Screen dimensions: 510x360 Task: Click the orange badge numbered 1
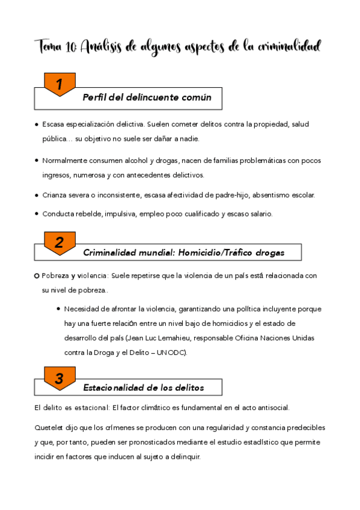(x=59, y=85)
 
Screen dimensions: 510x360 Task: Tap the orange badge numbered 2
(x=59, y=242)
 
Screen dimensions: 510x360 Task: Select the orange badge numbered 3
(x=59, y=378)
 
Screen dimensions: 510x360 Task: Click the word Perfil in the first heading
(x=96, y=97)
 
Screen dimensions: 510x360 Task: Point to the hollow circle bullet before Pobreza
(x=37, y=275)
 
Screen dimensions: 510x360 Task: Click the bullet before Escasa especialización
(x=37, y=124)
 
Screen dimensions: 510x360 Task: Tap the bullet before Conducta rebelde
(x=37, y=214)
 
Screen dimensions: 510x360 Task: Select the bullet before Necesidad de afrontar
(x=58, y=309)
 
